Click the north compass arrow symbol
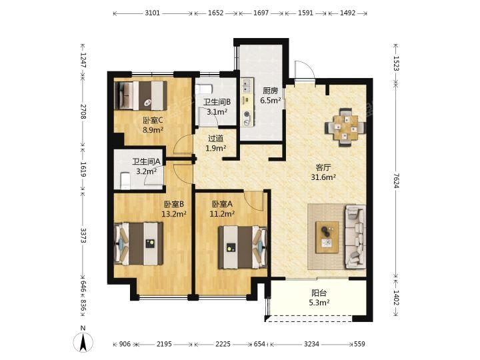point(83,341)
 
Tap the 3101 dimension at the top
point(153,13)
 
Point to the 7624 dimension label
point(396,181)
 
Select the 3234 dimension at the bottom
point(311,344)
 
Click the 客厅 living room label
point(323,167)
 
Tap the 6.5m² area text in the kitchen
point(271,100)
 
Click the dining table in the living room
point(345,127)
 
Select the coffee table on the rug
point(327,237)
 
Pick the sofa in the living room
point(355,237)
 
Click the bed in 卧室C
point(141,95)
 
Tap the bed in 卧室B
point(139,244)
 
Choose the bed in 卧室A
point(243,247)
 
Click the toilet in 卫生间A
point(125,181)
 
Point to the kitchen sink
point(247,85)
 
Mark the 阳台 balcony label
point(319,293)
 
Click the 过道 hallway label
point(215,139)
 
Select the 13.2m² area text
point(174,214)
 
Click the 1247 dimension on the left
point(83,60)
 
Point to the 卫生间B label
point(217,102)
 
